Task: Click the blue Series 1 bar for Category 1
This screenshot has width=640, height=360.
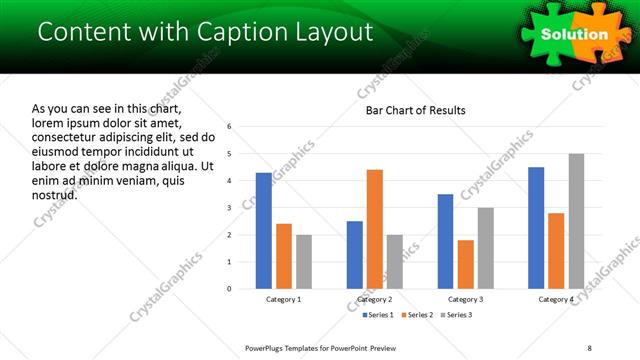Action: [264, 231]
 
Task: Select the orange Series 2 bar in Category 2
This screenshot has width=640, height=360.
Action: [375, 229]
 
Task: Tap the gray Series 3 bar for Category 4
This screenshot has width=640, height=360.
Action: [576, 221]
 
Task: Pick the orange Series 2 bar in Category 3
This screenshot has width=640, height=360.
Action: [466, 264]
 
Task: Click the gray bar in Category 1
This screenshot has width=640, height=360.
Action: [304, 262]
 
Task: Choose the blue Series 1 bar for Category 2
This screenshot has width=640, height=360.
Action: [355, 255]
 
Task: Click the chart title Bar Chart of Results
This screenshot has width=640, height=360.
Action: [416, 110]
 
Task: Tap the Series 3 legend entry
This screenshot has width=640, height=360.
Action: [456, 315]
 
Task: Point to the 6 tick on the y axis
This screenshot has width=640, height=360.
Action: [230, 127]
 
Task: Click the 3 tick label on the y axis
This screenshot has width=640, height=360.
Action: [230, 208]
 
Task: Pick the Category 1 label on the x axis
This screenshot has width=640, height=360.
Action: [284, 299]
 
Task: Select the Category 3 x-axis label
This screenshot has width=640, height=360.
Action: [466, 299]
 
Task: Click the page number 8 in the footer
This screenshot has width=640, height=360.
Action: [590, 348]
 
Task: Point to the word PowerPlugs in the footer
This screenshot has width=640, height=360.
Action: [270, 348]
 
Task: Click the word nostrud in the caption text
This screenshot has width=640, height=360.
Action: [55, 194]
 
